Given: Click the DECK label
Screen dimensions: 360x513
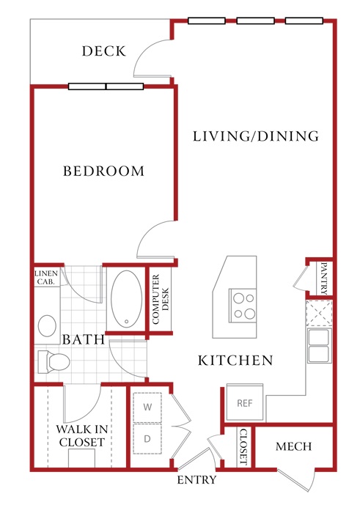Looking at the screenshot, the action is pos(104,51).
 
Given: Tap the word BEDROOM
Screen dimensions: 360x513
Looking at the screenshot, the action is pos(103,171).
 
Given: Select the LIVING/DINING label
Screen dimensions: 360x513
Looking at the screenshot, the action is pos(256,136).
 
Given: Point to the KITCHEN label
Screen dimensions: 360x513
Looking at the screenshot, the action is pos(235,361).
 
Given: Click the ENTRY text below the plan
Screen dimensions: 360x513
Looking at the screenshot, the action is pos(196,479).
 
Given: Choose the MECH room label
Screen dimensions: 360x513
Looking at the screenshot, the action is pos(293,446).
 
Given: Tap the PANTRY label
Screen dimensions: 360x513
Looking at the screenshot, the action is pos(323,278).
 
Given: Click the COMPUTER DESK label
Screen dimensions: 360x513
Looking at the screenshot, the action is pos(161,299).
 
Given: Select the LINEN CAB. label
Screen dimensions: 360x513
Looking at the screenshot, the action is pos(46,277).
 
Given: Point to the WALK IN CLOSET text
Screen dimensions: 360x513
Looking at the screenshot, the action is pos(82,435).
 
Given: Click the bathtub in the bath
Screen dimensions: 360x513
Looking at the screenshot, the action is pos(126,299).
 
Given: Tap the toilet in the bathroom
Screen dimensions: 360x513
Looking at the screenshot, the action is pos(54,362).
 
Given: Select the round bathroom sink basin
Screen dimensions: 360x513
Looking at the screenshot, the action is pos(47,326).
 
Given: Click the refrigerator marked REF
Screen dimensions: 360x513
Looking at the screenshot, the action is pos(245,403).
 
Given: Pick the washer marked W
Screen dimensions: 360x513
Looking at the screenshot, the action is pos(147,407).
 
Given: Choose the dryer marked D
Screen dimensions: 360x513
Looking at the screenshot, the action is pos(147,439).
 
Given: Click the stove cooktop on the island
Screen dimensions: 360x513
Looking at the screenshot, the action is pos(243,306).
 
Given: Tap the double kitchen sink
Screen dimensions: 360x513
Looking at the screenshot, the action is pos(319,345).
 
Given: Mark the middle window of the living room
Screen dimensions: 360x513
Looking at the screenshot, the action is pos(255,21).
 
